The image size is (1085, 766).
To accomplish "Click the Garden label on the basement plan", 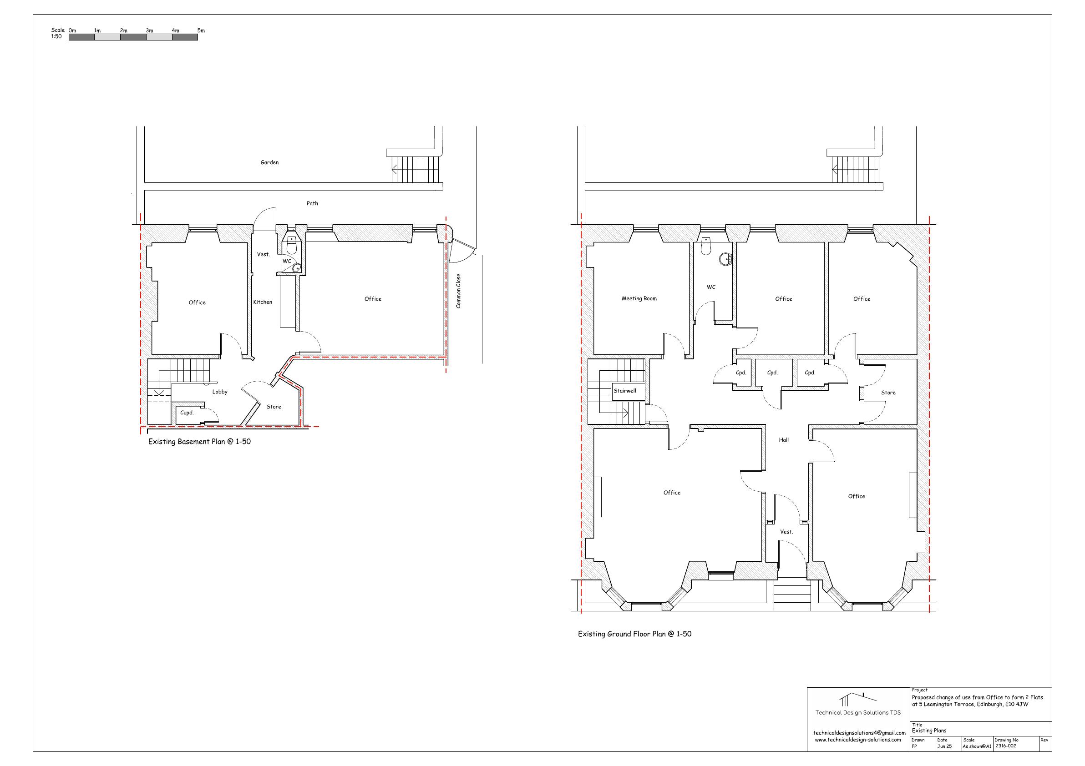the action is click(269, 162).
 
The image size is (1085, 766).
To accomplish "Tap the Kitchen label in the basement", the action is click(263, 302).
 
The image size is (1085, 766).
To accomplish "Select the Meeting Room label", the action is click(639, 298).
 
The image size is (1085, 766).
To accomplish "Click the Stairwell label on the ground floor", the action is click(625, 391).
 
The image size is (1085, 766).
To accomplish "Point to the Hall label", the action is click(784, 440).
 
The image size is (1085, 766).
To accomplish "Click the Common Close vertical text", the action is click(458, 291).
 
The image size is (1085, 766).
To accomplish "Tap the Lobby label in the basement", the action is click(220, 392).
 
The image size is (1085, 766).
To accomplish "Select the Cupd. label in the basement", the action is click(187, 413).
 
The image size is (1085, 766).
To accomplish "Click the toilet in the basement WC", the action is click(292, 246).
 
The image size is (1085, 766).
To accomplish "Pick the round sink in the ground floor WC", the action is click(725, 259).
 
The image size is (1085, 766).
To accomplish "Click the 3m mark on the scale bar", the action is click(149, 30).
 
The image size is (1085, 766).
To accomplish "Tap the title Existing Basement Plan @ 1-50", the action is click(199, 442).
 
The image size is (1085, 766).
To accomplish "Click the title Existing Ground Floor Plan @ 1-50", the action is click(634, 634).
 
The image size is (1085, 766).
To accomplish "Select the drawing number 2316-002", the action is click(1006, 746).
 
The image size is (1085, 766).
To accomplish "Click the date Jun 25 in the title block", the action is click(945, 746).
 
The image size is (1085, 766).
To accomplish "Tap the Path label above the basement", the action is click(312, 203).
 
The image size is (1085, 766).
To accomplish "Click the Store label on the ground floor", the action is click(888, 393).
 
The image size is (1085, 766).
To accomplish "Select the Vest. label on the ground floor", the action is click(786, 532).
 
